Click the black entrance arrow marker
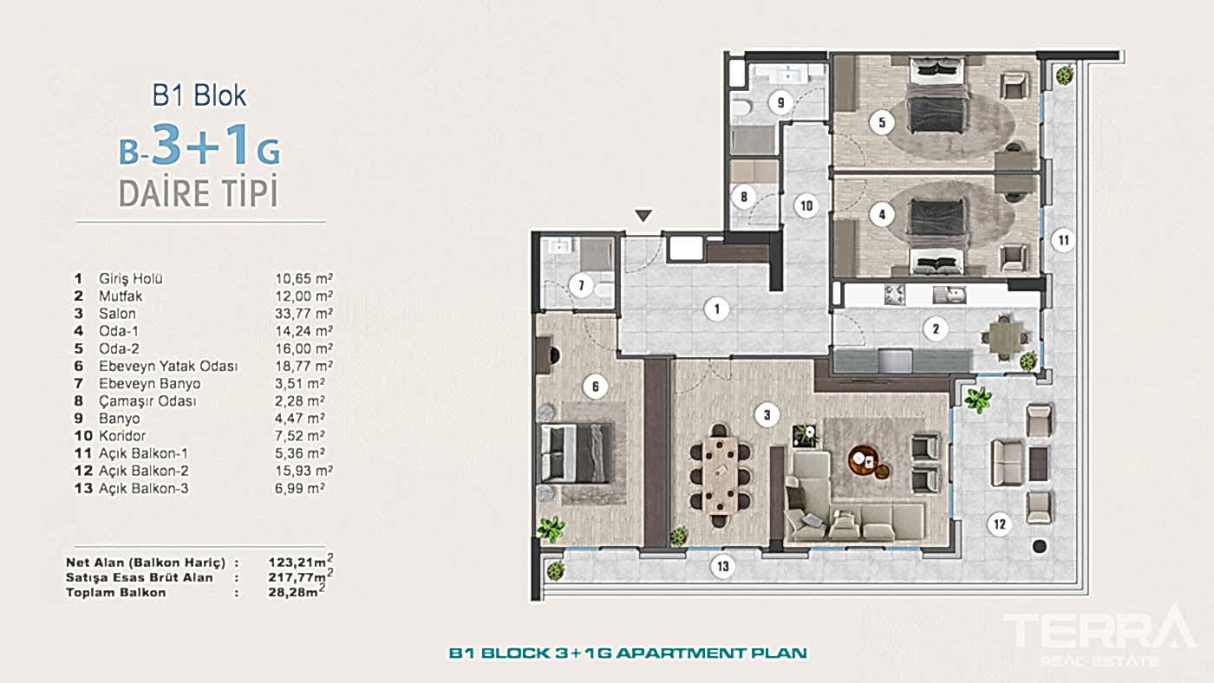pyautogui.click(x=643, y=216)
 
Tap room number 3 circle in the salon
pyautogui.click(x=767, y=415)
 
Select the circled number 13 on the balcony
pyautogui.click(x=723, y=567)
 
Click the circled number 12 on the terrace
pyautogui.click(x=999, y=524)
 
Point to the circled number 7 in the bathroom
pyautogui.click(x=582, y=285)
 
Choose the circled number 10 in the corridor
pyautogui.click(x=806, y=205)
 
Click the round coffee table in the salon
pyautogui.click(x=862, y=460)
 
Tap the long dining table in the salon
pyautogui.click(x=721, y=476)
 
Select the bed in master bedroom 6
pyautogui.click(x=577, y=453)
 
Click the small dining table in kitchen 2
pyautogui.click(x=1004, y=337)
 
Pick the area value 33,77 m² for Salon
pyautogui.click(x=303, y=314)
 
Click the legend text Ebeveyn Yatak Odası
pyautogui.click(x=168, y=366)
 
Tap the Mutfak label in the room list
pyautogui.click(x=121, y=296)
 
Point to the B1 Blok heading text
pyautogui.click(x=199, y=95)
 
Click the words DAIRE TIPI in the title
pyautogui.click(x=199, y=192)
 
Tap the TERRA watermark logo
pyautogui.click(x=1100, y=635)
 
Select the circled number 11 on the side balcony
pyautogui.click(x=1063, y=240)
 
